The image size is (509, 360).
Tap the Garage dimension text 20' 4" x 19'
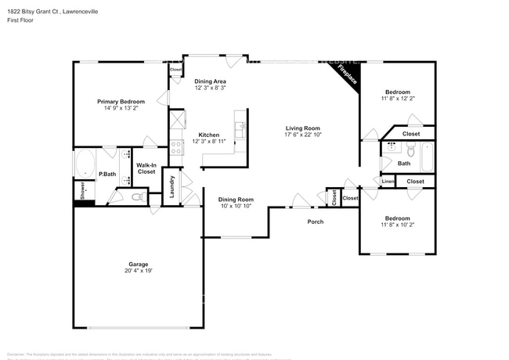[139, 271]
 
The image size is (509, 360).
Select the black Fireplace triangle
[347, 76]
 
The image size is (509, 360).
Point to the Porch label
[315, 221]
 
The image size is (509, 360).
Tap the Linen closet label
[388, 182]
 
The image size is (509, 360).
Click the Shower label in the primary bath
[80, 190]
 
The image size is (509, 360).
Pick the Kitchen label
[208, 134]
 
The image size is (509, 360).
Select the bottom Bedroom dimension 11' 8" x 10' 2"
[397, 225]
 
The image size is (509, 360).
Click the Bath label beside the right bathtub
[403, 164]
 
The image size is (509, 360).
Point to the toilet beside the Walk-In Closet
[138, 196]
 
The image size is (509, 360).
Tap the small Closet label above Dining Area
[176, 70]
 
